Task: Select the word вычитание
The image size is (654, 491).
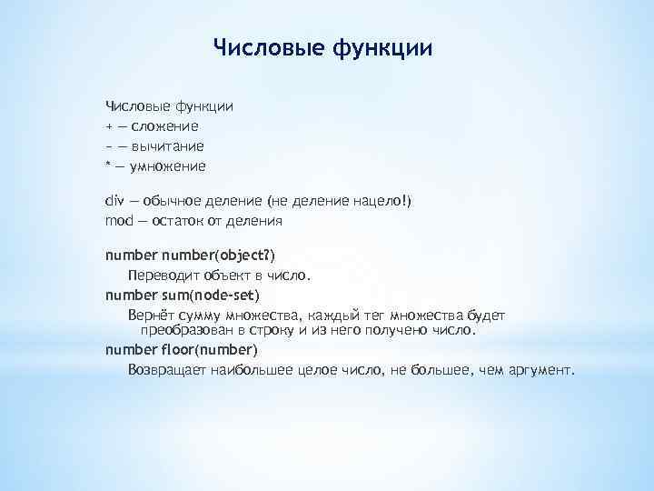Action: pos(167,145)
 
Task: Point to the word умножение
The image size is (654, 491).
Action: pos(168,165)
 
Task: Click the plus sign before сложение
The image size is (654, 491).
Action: pos(109,125)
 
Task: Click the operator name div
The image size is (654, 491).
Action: pos(114,200)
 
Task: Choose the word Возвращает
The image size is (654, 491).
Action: pos(167,370)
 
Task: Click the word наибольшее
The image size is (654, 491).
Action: pos(250,370)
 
